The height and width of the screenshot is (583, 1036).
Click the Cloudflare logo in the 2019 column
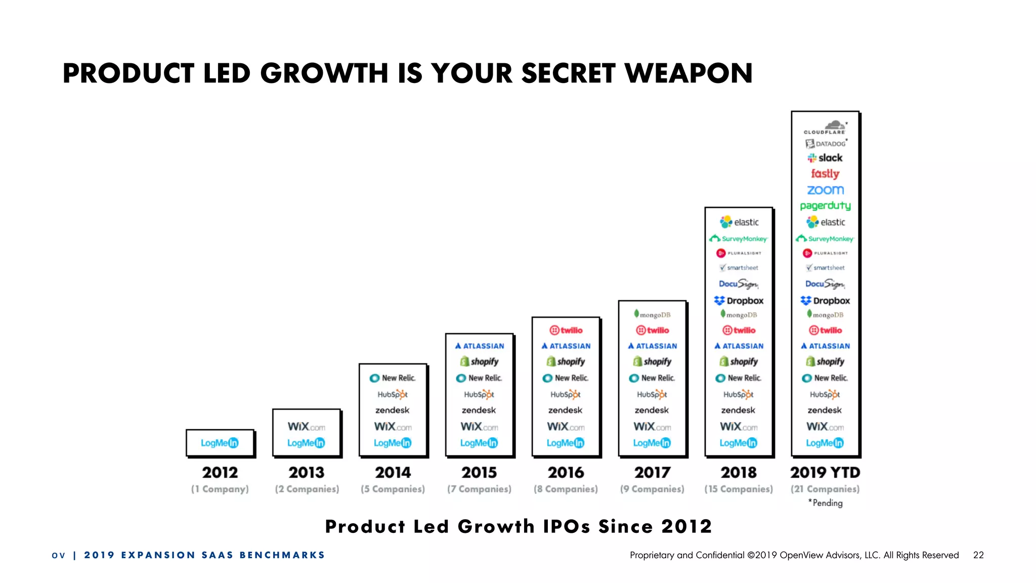(x=825, y=127)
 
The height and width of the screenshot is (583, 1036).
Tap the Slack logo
(x=825, y=158)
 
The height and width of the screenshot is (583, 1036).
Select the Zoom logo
(x=825, y=190)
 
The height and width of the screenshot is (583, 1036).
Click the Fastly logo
(x=825, y=174)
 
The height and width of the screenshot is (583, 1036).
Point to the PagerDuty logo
(x=825, y=205)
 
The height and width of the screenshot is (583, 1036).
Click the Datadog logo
(x=826, y=144)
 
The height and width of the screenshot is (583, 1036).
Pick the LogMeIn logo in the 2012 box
(x=220, y=443)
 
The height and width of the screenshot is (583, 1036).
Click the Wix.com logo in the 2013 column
(x=306, y=427)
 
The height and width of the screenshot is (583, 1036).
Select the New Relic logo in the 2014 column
(x=393, y=378)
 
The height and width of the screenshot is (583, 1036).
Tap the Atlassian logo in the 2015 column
(x=479, y=346)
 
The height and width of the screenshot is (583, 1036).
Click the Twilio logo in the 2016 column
(x=566, y=330)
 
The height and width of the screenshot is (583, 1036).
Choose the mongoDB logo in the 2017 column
(x=652, y=314)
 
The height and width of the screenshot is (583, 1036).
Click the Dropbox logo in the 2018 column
(x=739, y=301)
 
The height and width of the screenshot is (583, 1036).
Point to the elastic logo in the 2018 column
(x=739, y=222)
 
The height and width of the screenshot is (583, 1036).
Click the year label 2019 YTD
(x=825, y=472)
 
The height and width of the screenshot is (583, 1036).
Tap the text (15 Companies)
(x=739, y=489)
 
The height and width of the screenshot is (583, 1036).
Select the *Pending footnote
(x=825, y=503)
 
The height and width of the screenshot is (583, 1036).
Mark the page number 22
(x=978, y=555)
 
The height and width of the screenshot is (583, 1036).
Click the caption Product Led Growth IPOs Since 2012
(x=518, y=526)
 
